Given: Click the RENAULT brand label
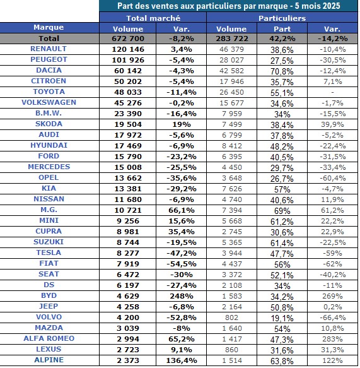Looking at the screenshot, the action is [49, 49].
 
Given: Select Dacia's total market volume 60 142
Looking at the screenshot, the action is [128, 71].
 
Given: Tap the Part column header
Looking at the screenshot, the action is [282, 29].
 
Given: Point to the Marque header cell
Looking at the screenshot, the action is [49, 27].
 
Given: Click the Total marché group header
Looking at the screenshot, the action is [153, 18].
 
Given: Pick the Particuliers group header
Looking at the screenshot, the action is [282, 18].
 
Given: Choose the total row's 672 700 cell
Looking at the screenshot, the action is [128, 39].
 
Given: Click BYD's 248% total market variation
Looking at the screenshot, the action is [182, 296].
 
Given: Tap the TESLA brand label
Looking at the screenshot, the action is [49, 252].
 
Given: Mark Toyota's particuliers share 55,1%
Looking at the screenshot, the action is [282, 93].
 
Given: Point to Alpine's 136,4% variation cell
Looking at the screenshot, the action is [182, 360].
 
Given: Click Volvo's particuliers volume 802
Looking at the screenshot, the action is [231, 318].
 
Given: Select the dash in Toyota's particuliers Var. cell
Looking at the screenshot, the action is [332, 92].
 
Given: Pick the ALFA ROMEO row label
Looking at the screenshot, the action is [49, 338].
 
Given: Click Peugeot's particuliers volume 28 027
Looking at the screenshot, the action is [231, 60].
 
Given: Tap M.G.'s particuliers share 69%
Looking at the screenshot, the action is [282, 211].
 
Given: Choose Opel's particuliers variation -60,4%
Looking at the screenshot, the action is [333, 178].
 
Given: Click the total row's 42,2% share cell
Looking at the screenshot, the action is [282, 39].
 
